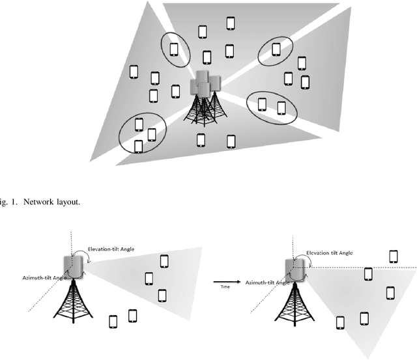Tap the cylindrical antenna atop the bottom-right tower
[x=295, y=268]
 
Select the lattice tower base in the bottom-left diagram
[x=74, y=306]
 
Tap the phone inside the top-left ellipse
[x=174, y=49]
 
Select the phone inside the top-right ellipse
[x=276, y=49]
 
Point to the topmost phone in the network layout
[x=231, y=23]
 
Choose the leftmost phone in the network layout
[x=135, y=71]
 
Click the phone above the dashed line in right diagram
[x=393, y=256]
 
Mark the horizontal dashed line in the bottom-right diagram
[x=365, y=267]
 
